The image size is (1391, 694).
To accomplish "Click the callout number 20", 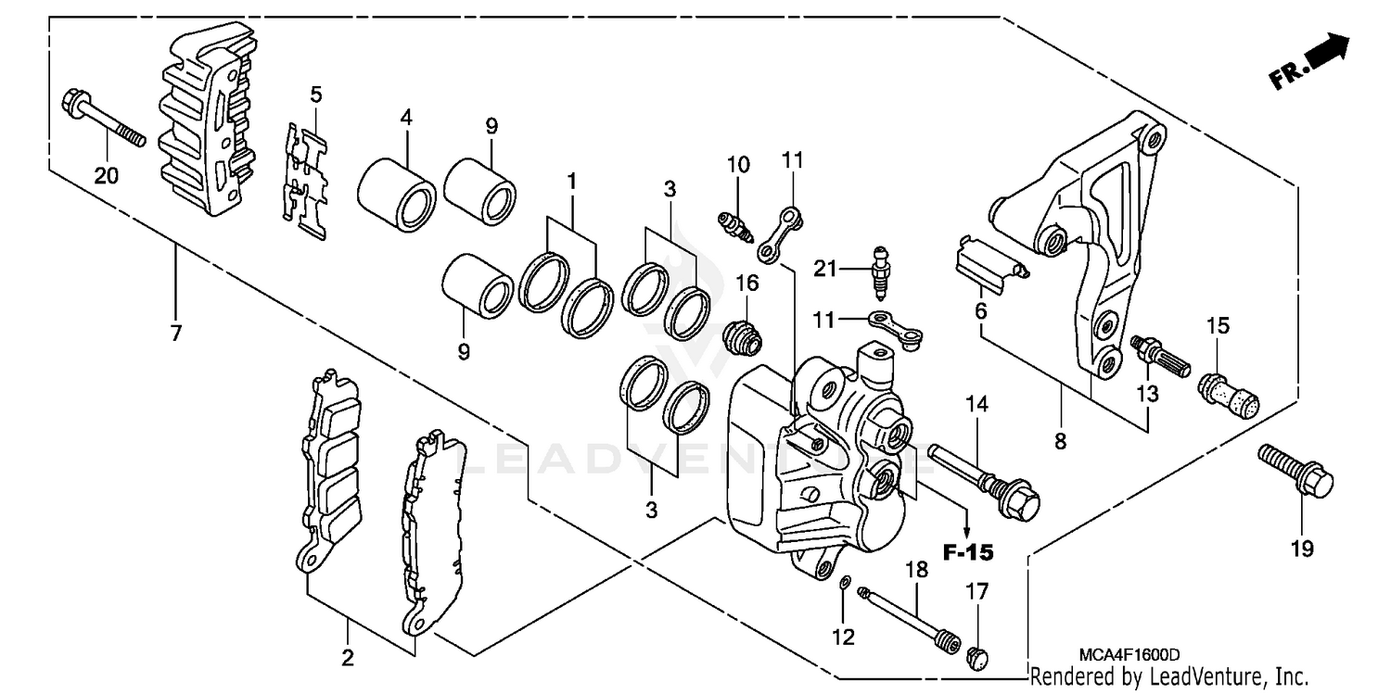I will [x=107, y=174].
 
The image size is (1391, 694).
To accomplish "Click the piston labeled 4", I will [x=397, y=193].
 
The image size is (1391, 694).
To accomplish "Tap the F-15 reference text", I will [x=967, y=553].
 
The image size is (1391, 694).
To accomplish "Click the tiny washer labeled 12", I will [x=843, y=583].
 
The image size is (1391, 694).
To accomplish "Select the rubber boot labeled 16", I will [x=742, y=335].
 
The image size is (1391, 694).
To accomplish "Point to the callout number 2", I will [x=348, y=659].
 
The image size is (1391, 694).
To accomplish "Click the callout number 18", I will [x=916, y=570].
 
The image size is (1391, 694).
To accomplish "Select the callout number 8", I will [x=1060, y=442].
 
